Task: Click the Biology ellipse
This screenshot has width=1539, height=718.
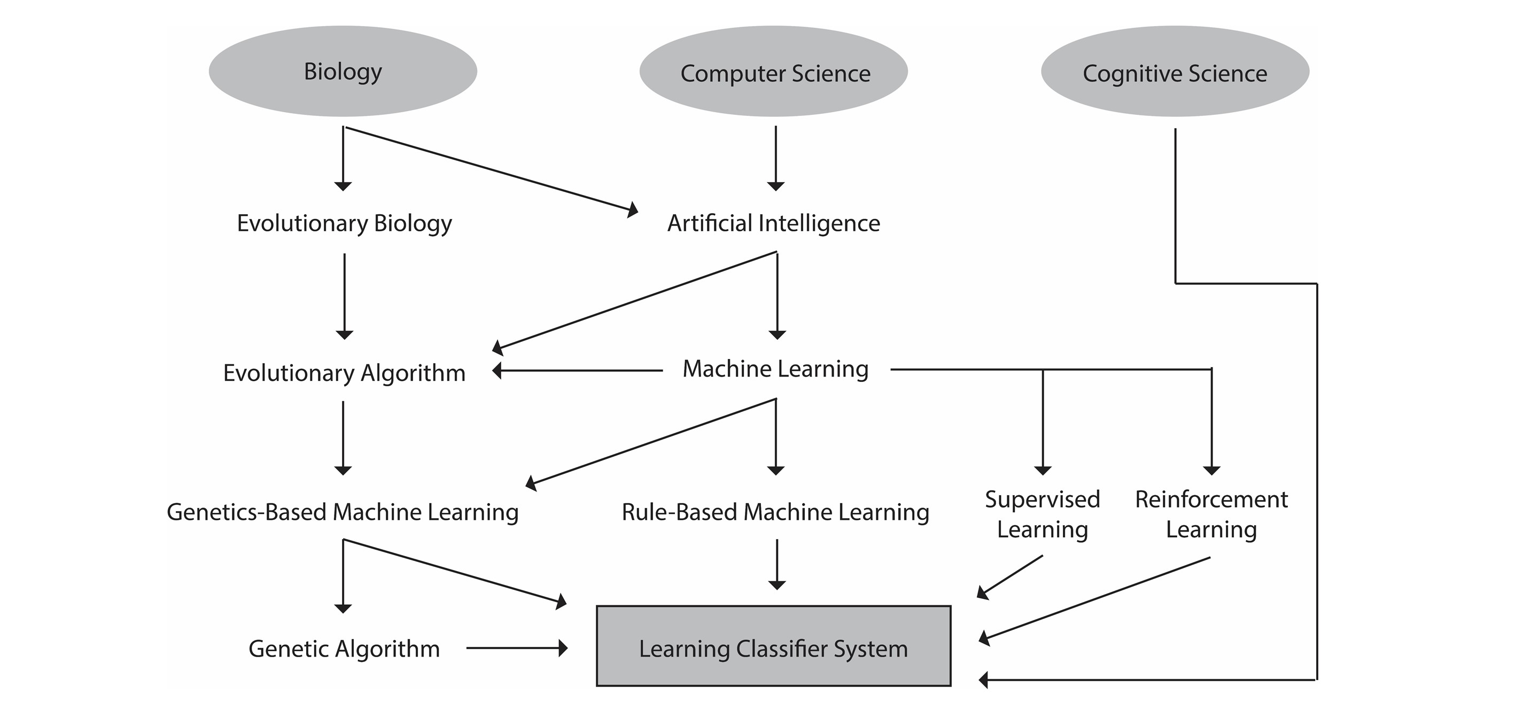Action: [x=343, y=71]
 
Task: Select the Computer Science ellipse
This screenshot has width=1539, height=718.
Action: [x=774, y=71]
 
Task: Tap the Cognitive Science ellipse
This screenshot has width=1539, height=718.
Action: [x=1175, y=71]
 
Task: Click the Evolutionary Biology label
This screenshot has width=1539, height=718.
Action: [x=344, y=223]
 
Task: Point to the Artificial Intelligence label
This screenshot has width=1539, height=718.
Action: [x=774, y=223]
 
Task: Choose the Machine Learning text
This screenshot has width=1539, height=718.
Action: [x=775, y=369]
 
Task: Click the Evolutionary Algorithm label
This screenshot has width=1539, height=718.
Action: [x=344, y=373]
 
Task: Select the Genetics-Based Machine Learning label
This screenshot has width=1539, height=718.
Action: [x=343, y=512]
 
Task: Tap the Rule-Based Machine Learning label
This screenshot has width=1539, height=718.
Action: [x=775, y=512]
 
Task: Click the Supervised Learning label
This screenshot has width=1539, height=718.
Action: [x=1043, y=514]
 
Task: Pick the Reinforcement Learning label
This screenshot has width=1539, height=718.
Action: [x=1211, y=514]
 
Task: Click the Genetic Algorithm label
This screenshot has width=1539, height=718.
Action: [x=344, y=649]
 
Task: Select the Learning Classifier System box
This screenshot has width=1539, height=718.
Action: [x=773, y=646]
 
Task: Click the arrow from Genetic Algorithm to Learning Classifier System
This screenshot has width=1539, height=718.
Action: [x=517, y=647]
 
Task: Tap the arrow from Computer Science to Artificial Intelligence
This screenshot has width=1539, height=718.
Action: [x=775, y=158]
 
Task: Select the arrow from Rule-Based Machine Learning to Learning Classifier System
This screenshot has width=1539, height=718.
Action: [x=776, y=565]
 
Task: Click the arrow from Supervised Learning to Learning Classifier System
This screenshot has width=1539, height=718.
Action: [x=1009, y=577]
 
